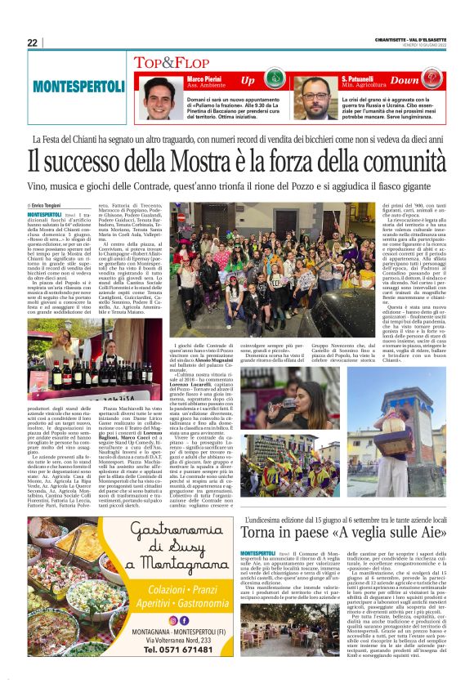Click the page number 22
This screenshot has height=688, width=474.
coord(32,42)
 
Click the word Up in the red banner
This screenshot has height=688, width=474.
coord(247,80)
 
